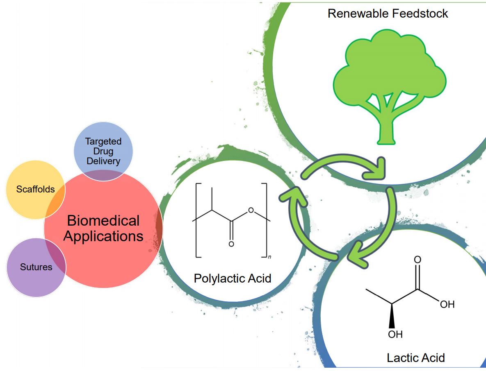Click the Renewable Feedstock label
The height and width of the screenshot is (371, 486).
click(x=388, y=14)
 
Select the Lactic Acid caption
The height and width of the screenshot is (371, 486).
click(x=415, y=357)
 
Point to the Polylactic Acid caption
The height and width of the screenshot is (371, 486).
click(x=233, y=278)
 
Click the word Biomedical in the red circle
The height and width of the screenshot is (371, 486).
click(x=103, y=221)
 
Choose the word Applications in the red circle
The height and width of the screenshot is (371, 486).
click(x=103, y=236)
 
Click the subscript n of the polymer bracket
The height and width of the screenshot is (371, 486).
click(x=269, y=257)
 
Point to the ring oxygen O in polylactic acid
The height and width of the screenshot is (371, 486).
click(x=251, y=211)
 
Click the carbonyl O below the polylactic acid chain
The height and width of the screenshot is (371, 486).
click(x=231, y=244)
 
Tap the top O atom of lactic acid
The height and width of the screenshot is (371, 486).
click(x=418, y=260)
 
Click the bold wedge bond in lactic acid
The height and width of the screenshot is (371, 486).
click(x=393, y=315)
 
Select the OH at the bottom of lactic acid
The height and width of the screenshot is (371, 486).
click(x=395, y=334)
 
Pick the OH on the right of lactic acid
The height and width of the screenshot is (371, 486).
click(x=447, y=305)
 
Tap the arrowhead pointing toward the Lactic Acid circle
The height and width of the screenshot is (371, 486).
click(x=357, y=250)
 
